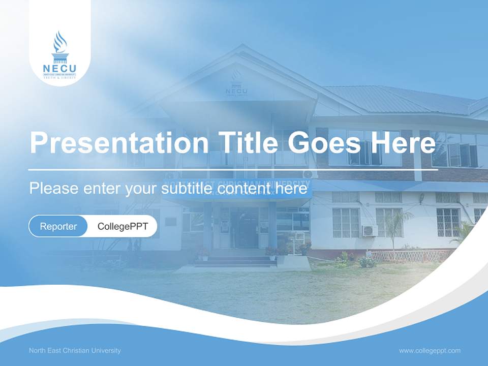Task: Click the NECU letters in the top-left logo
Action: (59, 69)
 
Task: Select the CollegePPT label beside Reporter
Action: (123, 226)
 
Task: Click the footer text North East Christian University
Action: (75, 350)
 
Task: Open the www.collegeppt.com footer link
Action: (430, 350)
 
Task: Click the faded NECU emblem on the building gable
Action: (236, 84)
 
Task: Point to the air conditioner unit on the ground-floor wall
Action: (370, 230)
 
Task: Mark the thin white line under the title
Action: (233, 168)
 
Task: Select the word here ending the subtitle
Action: (294, 189)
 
